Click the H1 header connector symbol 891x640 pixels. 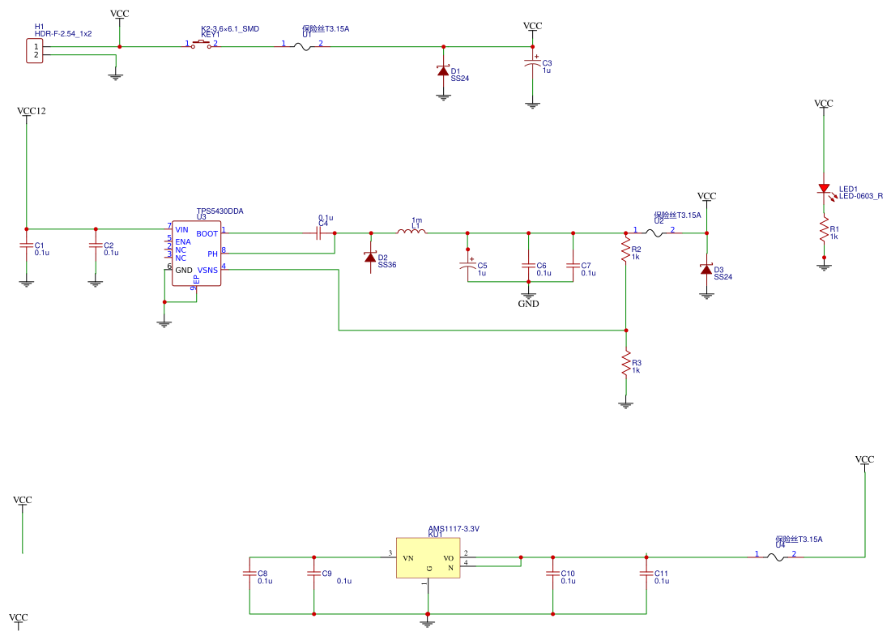point(34,51)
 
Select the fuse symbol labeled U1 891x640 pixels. point(302,46)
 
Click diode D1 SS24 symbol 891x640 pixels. point(443,71)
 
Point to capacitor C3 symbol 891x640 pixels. point(532,65)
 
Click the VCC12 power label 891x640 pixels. point(31,110)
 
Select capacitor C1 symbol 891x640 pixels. point(27,246)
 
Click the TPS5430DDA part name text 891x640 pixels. point(220,211)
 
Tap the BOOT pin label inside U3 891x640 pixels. point(207,233)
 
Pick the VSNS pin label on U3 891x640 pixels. point(207,270)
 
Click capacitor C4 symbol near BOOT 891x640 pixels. point(319,233)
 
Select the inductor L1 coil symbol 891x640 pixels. point(411,233)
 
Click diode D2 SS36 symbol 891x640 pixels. point(371,258)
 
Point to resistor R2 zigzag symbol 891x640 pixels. point(625,250)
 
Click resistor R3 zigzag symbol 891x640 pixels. point(625,363)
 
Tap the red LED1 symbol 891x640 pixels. point(824,189)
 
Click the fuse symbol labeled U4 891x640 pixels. point(775,557)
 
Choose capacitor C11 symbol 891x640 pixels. point(646,574)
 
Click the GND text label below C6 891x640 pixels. point(528,304)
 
